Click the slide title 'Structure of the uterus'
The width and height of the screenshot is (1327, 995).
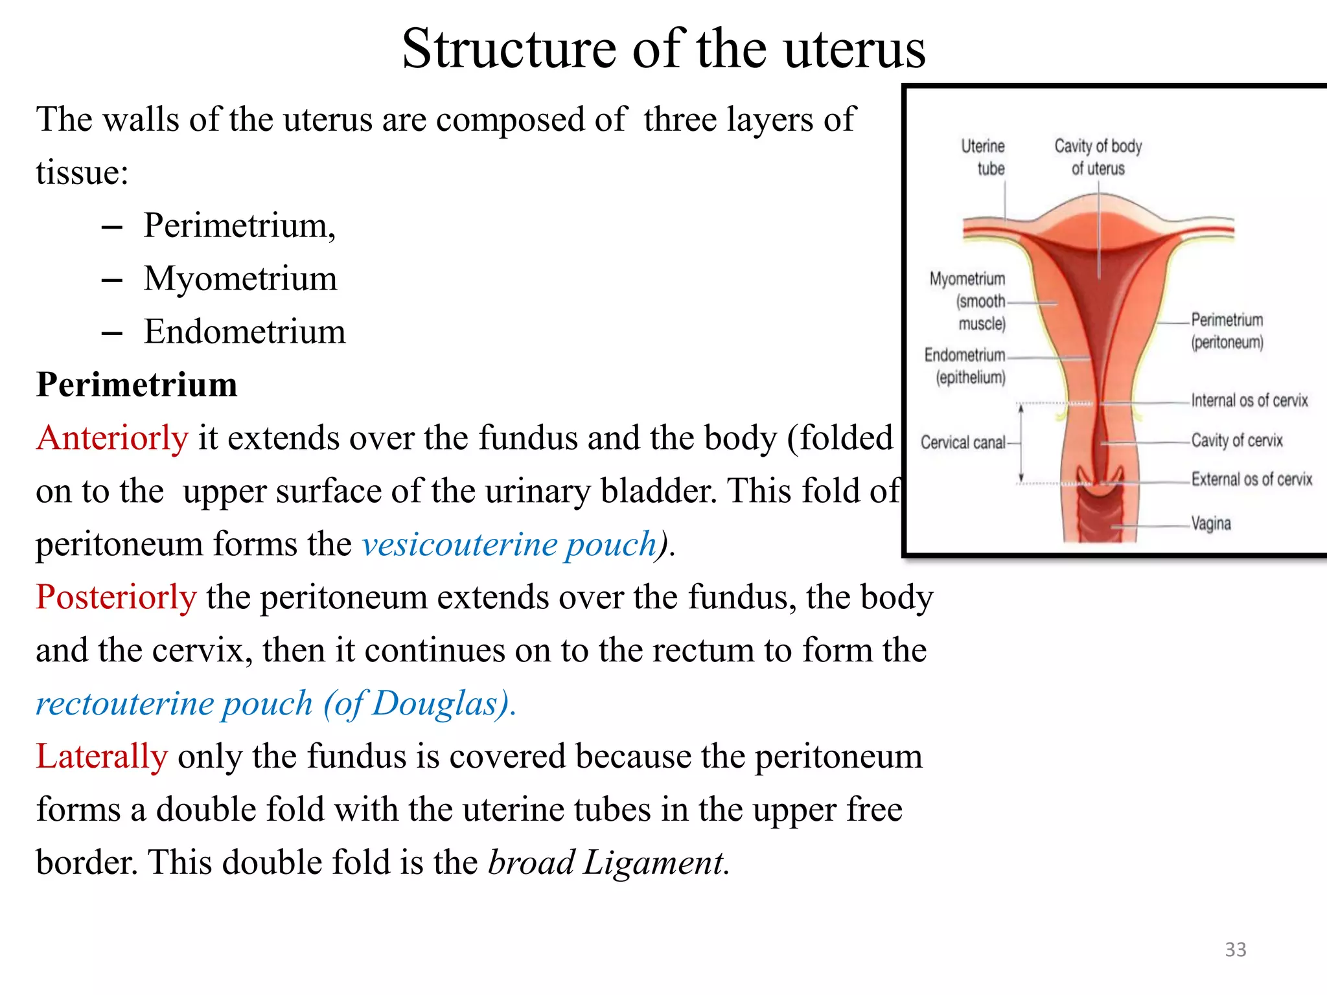pos(663,49)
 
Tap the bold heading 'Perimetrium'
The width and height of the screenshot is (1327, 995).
pos(137,385)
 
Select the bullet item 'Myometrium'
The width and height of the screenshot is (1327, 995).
pos(240,279)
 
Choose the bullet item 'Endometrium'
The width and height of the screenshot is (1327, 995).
pos(244,332)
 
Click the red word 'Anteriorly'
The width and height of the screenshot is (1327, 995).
pos(112,439)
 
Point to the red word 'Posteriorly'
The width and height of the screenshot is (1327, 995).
pos(116,597)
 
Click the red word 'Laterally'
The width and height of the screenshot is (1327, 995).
pos(102,757)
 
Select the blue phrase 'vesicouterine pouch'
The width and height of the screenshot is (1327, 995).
pos(509,544)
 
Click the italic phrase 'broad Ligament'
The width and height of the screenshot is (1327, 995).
pos(606,863)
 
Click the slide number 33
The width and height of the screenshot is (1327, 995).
pos(1235,950)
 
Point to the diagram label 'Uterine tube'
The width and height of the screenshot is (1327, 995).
pos(984,157)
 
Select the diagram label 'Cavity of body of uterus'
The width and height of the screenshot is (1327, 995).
pos(1098,157)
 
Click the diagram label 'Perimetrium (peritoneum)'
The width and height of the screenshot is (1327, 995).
pos(1227,331)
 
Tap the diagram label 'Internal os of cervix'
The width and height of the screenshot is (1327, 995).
pos(1249,401)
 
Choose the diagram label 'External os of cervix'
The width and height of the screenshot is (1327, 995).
pos(1251,479)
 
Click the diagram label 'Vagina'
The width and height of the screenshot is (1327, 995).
pos(1210,523)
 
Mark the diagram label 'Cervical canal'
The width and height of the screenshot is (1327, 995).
pos(963,443)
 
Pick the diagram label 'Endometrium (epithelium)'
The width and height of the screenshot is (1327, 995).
pos(965,366)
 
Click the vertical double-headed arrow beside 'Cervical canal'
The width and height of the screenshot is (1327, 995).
pos(1021,444)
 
